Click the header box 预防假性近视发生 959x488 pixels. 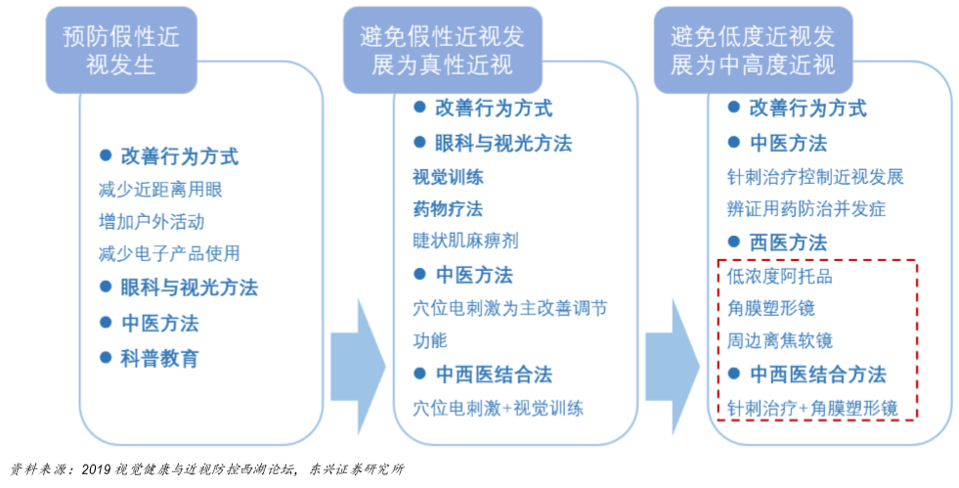pyautogui.click(x=121, y=51)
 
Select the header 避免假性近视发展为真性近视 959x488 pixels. pyautogui.click(x=442, y=51)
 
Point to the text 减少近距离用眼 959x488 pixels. pyautogui.click(x=160, y=190)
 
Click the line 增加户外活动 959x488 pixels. pyautogui.click(x=152, y=221)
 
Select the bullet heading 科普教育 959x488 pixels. pyautogui.click(x=159, y=358)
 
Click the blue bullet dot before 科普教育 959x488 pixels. pyautogui.click(x=106, y=357)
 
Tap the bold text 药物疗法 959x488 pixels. pyautogui.click(x=448, y=208)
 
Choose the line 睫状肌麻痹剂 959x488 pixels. pyautogui.click(x=465, y=240)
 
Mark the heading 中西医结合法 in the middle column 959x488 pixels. pyautogui.click(x=494, y=375)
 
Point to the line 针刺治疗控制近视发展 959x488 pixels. pyautogui.click(x=815, y=177)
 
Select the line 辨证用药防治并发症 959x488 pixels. pyautogui.click(x=806, y=209)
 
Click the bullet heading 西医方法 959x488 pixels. pyautogui.click(x=788, y=243)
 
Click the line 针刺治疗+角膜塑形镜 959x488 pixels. pyautogui.click(x=812, y=408)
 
